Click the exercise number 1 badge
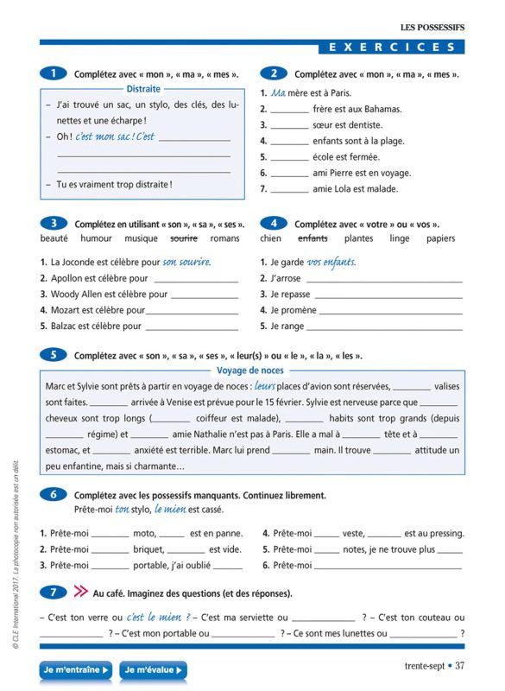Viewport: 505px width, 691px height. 53,74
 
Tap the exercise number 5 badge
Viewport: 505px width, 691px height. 53,355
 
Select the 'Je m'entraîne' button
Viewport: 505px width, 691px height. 76,669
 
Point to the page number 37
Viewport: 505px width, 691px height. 460,665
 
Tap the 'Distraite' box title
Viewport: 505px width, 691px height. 143,89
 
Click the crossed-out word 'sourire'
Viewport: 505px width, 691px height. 184,238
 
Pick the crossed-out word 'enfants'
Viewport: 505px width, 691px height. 312,238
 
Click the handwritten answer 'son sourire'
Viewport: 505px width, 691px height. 186,262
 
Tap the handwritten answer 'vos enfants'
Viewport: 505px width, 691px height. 331,262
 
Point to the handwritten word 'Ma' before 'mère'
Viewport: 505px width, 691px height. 278,93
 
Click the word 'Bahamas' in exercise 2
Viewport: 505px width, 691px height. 383,110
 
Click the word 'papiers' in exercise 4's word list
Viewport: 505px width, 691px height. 439,238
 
